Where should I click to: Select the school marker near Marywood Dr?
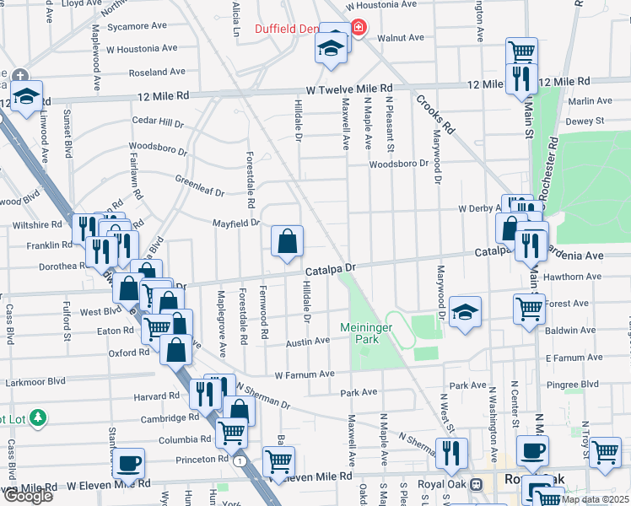pyautogui.click(x=465, y=314)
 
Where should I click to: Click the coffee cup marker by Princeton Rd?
pyautogui.click(x=128, y=462)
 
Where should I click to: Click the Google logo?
pyautogui.click(x=28, y=496)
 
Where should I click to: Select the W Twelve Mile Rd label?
pyautogui.click(x=349, y=88)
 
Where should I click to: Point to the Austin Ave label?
pyautogui.click(x=307, y=342)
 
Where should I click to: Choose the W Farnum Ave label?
pyautogui.click(x=305, y=373)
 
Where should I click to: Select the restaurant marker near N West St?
pyautogui.click(x=451, y=453)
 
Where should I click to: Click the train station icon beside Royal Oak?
pyautogui.click(x=476, y=485)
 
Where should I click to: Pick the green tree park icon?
pyautogui.click(x=37, y=417)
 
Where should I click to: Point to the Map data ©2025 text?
pyautogui.click(x=595, y=499)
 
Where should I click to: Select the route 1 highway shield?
pyautogui.click(x=241, y=461)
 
